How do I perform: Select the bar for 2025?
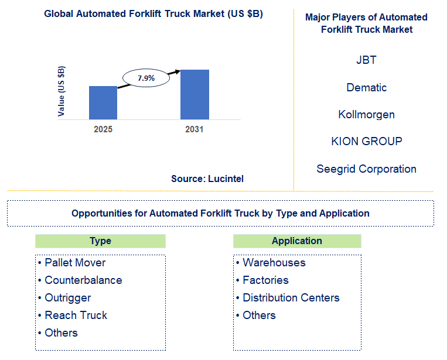pyautogui.click(x=103, y=102)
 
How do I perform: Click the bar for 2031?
pyautogui.click(x=195, y=94)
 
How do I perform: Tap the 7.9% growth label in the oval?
pyautogui.click(x=146, y=78)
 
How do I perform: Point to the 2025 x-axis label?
pyautogui.click(x=103, y=129)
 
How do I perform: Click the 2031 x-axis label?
pyautogui.click(x=194, y=129)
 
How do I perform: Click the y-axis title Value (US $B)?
pyautogui.click(x=62, y=91)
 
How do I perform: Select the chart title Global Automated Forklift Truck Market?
pyautogui.click(x=153, y=14)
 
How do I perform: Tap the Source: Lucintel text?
pyautogui.click(x=207, y=179)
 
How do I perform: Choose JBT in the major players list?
pyautogui.click(x=366, y=60)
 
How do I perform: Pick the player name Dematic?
pyautogui.click(x=367, y=88)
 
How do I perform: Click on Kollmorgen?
pyautogui.click(x=367, y=115)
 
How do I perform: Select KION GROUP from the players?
pyautogui.click(x=367, y=142)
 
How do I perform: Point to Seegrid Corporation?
pyautogui.click(x=367, y=169)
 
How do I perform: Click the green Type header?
pyautogui.click(x=100, y=241)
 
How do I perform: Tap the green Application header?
pyautogui.click(x=297, y=241)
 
